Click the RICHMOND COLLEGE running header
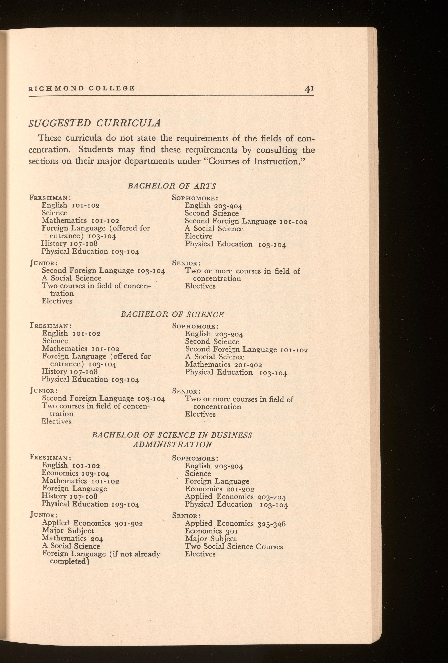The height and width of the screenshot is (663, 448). tap(81, 88)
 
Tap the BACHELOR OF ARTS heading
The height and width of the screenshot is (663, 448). tap(172, 186)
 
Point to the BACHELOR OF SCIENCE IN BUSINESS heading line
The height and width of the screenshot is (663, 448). tap(172, 435)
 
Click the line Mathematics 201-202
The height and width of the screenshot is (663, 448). tap(224, 365)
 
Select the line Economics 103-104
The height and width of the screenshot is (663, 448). tap(76, 473)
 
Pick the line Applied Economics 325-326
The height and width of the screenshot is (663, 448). tap(235, 524)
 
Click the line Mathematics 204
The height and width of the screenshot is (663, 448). tap(72, 538)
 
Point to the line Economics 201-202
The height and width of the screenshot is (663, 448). tap(219, 489)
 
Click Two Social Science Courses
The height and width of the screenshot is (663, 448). tap(234, 547)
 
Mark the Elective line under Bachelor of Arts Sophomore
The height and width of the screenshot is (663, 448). tap(198, 236)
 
